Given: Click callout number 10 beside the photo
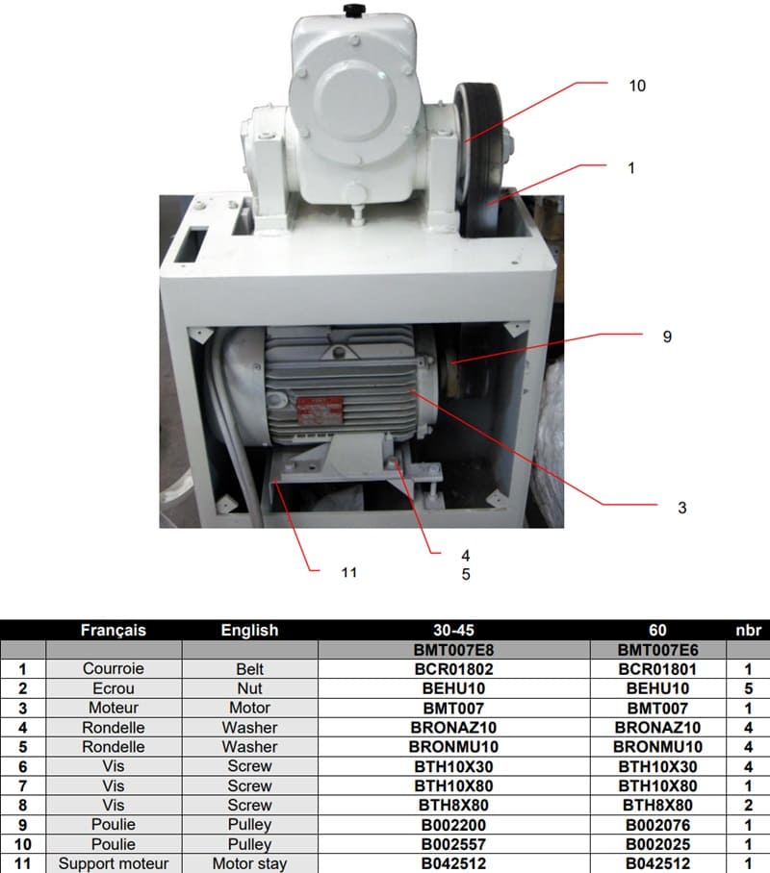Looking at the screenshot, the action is pyautogui.click(x=637, y=86).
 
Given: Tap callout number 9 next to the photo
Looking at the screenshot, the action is pyautogui.click(x=667, y=337).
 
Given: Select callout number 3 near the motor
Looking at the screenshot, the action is pyautogui.click(x=681, y=508).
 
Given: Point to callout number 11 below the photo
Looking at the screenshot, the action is pyautogui.click(x=349, y=572).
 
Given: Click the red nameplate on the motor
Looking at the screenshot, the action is pyautogui.click(x=320, y=411).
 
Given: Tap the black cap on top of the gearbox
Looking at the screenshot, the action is pyautogui.click(x=352, y=11).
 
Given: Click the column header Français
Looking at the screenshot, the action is pyautogui.click(x=114, y=631).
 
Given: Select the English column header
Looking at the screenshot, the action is pyautogui.click(x=249, y=631).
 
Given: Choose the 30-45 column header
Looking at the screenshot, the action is pyautogui.click(x=453, y=631).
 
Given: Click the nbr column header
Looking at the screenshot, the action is pyautogui.click(x=748, y=631).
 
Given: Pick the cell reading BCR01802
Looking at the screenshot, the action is pyautogui.click(x=453, y=669).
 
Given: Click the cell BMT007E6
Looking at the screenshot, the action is pyautogui.click(x=657, y=650).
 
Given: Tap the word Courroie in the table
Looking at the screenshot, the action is pyautogui.click(x=114, y=668).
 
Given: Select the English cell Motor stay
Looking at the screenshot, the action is pyautogui.click(x=249, y=863).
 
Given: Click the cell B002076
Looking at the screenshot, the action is pyautogui.click(x=657, y=825).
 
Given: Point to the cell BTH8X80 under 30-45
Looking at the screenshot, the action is pyautogui.click(x=453, y=806).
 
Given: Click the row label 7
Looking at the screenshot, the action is pyautogui.click(x=22, y=786).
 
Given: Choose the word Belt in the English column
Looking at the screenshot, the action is pyautogui.click(x=249, y=669).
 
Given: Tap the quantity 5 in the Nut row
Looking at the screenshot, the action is pyautogui.click(x=748, y=688).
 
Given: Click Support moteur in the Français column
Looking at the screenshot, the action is pyautogui.click(x=114, y=863).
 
